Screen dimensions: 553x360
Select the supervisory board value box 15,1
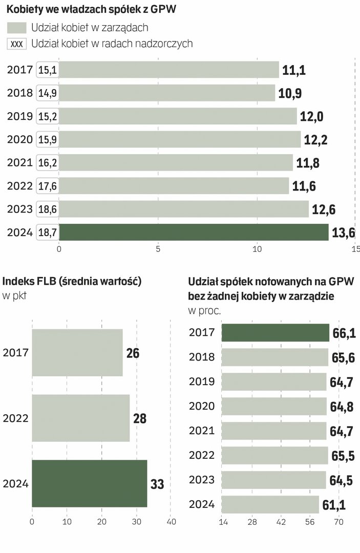pyautogui.click(x=48, y=70)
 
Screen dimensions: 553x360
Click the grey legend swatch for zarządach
pyautogui.click(x=17, y=28)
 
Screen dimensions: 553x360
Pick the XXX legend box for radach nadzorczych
pyautogui.click(x=17, y=44)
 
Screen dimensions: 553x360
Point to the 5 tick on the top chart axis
pyautogui.click(x=158, y=249)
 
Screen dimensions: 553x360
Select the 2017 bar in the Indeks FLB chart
pyautogui.click(x=77, y=353)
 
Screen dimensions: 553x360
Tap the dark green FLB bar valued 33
pyautogui.click(x=89, y=483)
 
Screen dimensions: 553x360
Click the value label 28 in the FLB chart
pyautogui.click(x=139, y=418)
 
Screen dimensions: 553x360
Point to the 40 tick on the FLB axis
pyautogui.click(x=172, y=522)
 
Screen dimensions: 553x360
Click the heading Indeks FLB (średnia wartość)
pyautogui.click(x=72, y=281)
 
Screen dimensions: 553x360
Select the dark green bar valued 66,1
pyautogui.click(x=275, y=333)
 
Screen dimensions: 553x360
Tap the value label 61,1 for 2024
pyautogui.click(x=334, y=505)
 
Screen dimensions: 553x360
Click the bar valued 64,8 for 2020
pyautogui.click(x=274, y=407)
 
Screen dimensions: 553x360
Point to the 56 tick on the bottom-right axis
pyautogui.click(x=310, y=522)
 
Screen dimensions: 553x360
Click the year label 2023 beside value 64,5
pyautogui.click(x=202, y=480)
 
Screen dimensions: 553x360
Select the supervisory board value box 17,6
pyautogui.click(x=48, y=186)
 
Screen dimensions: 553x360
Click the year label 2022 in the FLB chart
pyautogui.click(x=16, y=418)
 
